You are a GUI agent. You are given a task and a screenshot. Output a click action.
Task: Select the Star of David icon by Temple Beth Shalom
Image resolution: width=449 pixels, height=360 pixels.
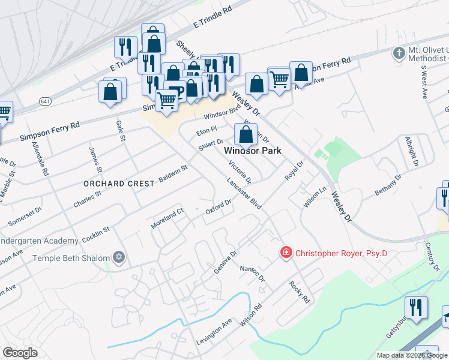119,258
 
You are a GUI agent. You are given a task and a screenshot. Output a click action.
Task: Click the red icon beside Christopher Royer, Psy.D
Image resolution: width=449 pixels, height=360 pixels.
286,253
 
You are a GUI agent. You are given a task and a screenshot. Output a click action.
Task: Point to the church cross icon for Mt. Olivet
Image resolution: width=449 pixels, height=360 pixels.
397,53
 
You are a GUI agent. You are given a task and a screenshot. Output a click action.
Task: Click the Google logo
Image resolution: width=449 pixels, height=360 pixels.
20,353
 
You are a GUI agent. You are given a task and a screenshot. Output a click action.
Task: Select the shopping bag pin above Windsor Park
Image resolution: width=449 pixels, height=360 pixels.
246,134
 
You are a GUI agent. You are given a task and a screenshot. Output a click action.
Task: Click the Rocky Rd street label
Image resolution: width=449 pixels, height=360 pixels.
299,291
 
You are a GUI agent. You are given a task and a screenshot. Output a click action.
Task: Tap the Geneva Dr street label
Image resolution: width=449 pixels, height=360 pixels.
226,263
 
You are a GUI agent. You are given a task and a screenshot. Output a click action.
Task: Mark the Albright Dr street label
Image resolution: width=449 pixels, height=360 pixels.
411,152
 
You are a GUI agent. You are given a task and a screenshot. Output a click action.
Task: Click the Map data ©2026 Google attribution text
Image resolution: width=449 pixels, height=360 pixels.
412,355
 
